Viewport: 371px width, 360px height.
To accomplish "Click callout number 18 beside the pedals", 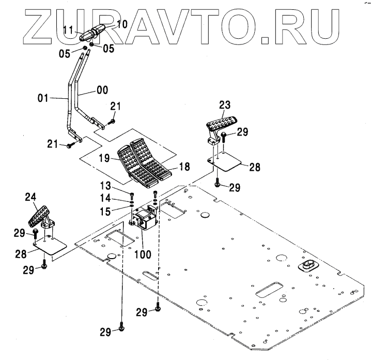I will pyautogui.click(x=183, y=167).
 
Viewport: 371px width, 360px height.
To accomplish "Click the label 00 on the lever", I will pyautogui.click(x=102, y=90).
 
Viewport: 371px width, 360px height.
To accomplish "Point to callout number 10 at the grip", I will pyautogui.click(x=121, y=24).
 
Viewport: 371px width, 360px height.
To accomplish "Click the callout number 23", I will pyautogui.click(x=224, y=103).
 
